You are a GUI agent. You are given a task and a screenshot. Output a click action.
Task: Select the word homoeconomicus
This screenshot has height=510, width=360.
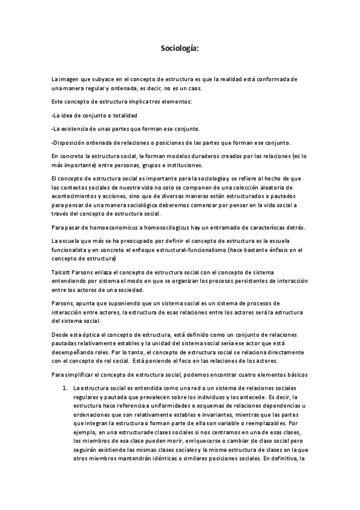pyautogui.click(x=108, y=226)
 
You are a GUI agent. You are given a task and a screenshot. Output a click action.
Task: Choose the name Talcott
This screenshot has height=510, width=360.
pyautogui.click(x=61, y=272)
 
